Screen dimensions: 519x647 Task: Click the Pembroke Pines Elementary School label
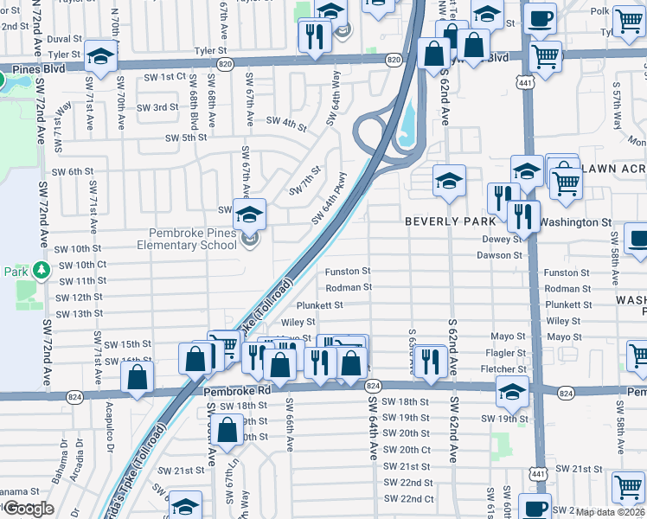point(186,240)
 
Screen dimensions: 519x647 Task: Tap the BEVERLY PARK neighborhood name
point(449,222)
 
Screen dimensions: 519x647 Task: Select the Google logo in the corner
point(28,509)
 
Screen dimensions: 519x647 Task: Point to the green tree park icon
point(41,272)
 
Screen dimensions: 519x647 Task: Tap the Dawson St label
point(500,255)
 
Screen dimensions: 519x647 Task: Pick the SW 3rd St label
point(160,107)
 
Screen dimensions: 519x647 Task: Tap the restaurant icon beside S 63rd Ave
point(429,361)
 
